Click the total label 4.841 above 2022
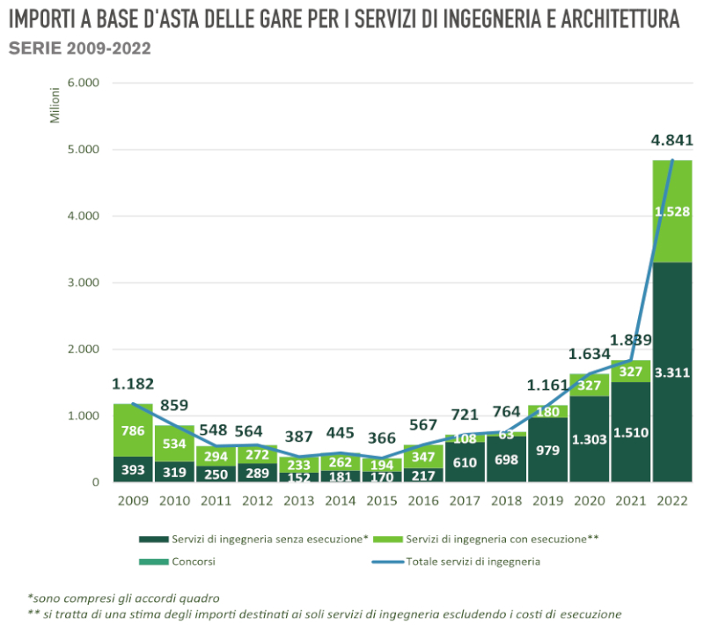pyautogui.click(x=672, y=140)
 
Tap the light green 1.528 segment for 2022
pyautogui.click(x=672, y=211)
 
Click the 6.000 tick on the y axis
pyautogui.click(x=83, y=84)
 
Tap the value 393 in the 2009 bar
pyautogui.click(x=133, y=469)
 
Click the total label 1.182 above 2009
pyautogui.click(x=133, y=384)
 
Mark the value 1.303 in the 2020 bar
pyautogui.click(x=589, y=438)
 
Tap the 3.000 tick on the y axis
pyautogui.click(x=83, y=283)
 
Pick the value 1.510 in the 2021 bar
pyautogui.click(x=631, y=432)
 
